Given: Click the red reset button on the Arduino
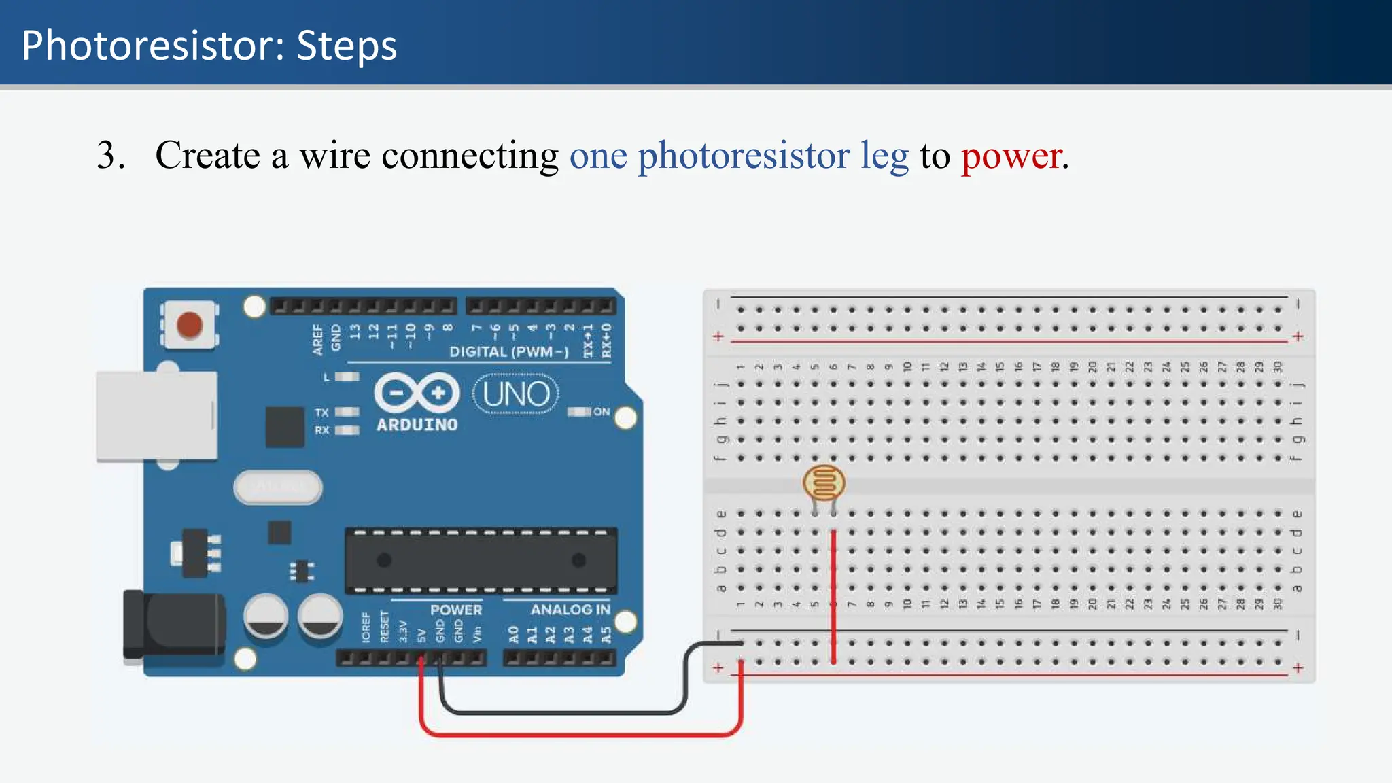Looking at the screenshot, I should (189, 324).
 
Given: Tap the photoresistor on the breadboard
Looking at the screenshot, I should (824, 483).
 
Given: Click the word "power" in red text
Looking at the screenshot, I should (1011, 156).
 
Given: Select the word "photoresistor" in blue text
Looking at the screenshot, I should (744, 156).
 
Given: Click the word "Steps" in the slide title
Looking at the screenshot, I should (347, 46).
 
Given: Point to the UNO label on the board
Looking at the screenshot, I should (516, 394).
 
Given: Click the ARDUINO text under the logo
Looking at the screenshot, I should (417, 425).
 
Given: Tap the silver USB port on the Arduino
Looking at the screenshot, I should (157, 416).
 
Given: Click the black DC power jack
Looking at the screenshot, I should (174, 625).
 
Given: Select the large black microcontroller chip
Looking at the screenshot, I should (481, 561).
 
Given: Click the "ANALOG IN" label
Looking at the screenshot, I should (570, 610).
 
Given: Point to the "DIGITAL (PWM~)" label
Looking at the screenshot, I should (508, 351).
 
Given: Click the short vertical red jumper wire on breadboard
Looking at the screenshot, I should (834, 596).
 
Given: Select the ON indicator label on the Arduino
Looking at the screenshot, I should (602, 412).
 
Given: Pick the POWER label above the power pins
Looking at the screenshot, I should (456, 610).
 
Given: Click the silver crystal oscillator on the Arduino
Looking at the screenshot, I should (278, 487).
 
